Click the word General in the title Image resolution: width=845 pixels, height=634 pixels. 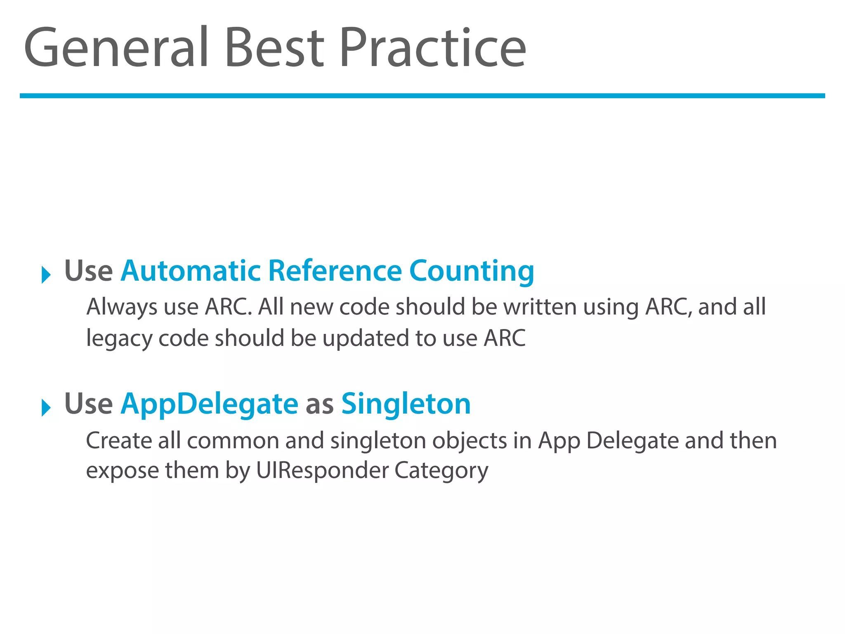tap(116, 47)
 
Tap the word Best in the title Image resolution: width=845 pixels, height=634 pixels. tap(274, 47)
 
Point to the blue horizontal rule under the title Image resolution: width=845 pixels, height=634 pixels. tap(422, 96)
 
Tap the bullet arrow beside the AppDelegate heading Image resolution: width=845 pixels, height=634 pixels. tap(46, 408)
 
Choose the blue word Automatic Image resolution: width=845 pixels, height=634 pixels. tap(191, 271)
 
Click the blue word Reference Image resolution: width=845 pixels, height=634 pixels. tap(335, 271)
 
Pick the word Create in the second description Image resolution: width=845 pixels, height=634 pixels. tap(119, 440)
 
